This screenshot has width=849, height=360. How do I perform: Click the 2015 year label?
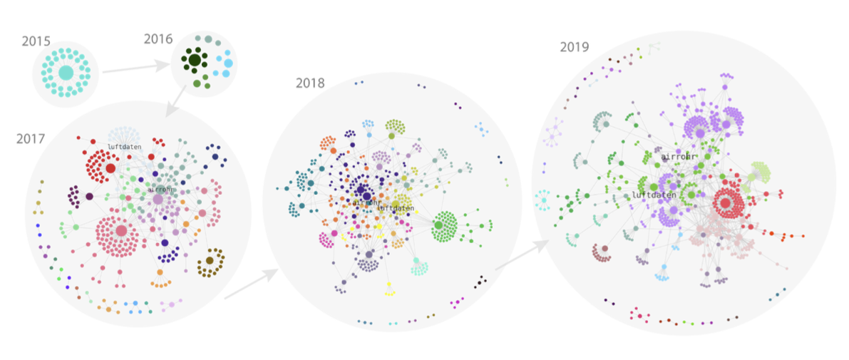(36, 42)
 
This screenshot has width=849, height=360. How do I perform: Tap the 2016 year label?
(158, 39)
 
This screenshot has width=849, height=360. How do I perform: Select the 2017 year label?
(31, 139)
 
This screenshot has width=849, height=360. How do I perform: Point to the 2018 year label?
(310, 83)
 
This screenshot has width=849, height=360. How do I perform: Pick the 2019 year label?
(574, 48)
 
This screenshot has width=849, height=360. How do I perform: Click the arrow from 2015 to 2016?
(136, 68)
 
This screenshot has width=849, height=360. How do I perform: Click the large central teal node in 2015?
(66, 73)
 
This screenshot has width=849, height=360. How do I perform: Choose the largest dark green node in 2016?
(195, 61)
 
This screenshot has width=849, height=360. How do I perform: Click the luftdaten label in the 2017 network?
(125, 147)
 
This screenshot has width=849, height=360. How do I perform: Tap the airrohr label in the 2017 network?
(160, 190)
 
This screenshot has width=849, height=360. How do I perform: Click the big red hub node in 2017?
(110, 169)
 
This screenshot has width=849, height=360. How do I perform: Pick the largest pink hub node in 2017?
(121, 230)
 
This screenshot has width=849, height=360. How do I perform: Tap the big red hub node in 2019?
(726, 204)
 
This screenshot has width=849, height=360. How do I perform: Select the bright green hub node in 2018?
(438, 226)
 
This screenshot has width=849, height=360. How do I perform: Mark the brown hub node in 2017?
(210, 261)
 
